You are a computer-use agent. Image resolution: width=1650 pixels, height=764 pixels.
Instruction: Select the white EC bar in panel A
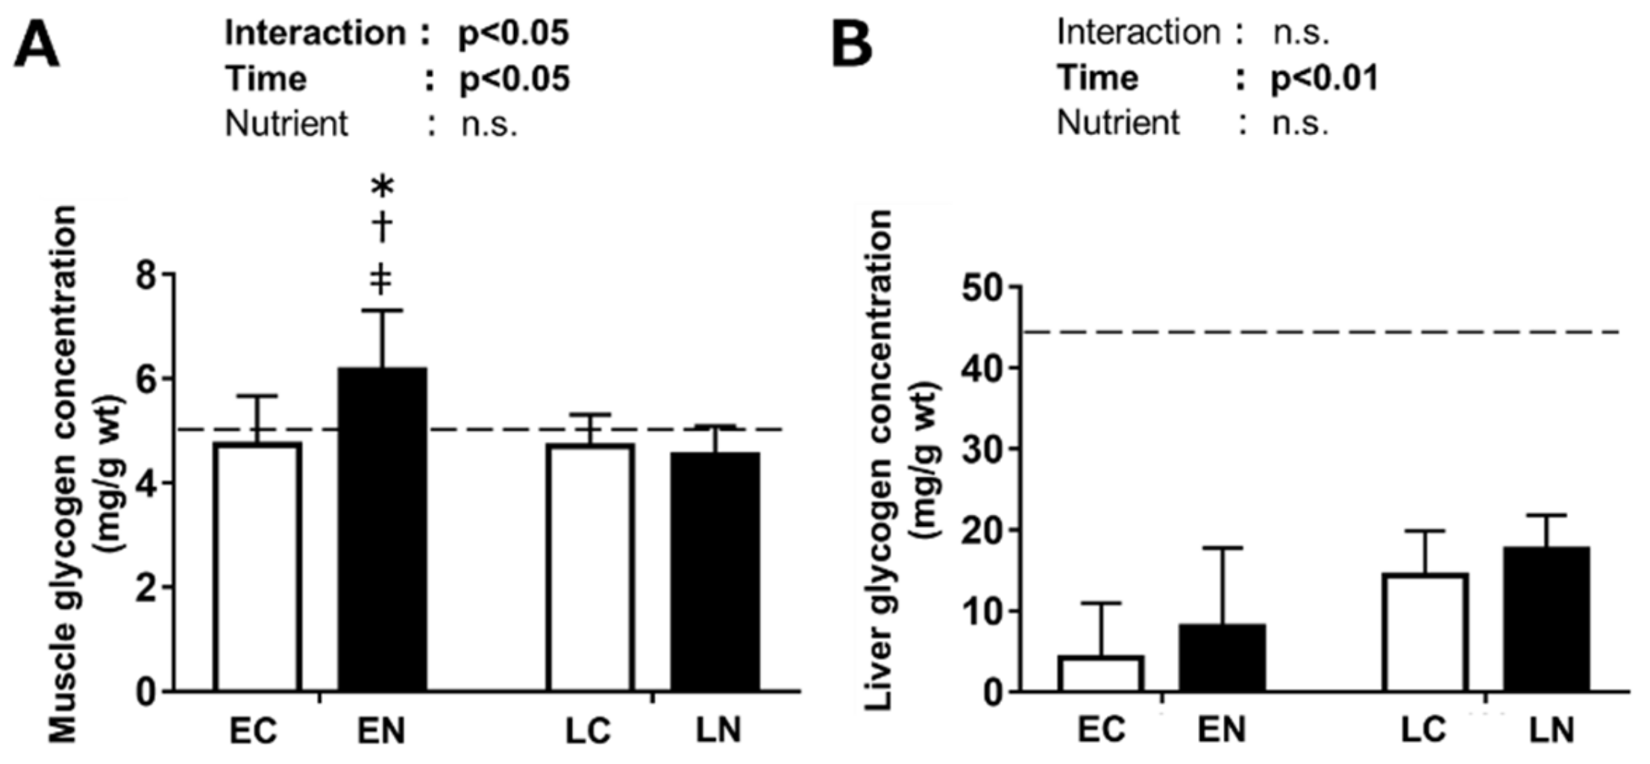coord(257,567)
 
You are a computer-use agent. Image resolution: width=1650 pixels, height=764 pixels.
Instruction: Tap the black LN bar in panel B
coord(1546,619)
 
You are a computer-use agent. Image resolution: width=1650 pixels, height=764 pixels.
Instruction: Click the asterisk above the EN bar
coord(382,187)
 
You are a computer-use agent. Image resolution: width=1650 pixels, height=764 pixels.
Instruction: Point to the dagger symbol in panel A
coord(382,227)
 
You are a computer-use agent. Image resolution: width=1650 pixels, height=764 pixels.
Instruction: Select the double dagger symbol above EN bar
coord(381,279)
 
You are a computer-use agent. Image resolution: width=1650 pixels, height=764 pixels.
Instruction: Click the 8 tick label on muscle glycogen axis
coord(148,276)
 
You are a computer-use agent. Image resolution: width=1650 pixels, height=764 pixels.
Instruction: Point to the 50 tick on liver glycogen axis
coord(982,288)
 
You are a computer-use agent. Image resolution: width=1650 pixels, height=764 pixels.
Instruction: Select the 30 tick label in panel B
coord(982,450)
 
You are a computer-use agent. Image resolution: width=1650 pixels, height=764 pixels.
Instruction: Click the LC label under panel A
coord(589,730)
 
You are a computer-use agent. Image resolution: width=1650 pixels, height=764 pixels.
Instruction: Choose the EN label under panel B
coord(1222,730)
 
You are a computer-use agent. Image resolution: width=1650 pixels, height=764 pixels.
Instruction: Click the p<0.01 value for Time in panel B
coord(1325,78)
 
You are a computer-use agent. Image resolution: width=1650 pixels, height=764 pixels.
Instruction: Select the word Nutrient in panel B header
coord(1118,122)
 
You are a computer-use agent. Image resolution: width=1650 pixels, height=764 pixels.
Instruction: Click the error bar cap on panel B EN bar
coord(1223,548)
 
